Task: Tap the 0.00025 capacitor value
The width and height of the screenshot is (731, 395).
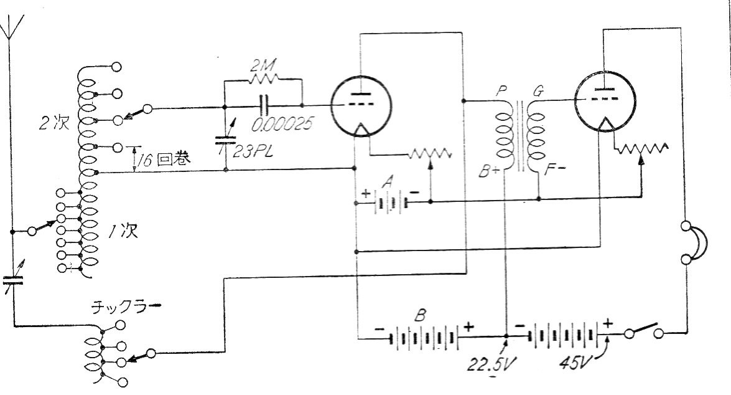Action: (x=283, y=124)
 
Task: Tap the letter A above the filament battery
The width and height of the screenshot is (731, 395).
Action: (x=386, y=182)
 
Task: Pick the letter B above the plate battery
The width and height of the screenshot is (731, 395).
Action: (x=420, y=316)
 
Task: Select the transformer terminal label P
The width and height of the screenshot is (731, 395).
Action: (x=501, y=90)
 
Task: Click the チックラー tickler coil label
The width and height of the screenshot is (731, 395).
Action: (x=126, y=307)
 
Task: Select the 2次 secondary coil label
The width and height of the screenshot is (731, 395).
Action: (x=54, y=123)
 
